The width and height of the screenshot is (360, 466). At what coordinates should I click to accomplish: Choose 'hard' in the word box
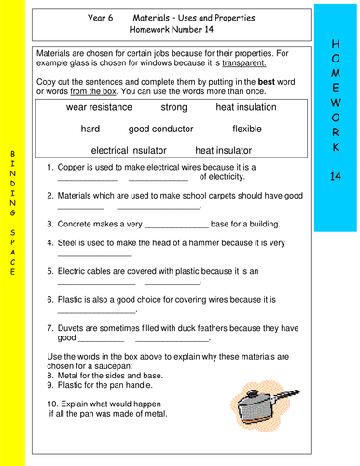pos(91,129)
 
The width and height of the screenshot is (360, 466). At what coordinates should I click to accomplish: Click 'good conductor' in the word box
pos(164,129)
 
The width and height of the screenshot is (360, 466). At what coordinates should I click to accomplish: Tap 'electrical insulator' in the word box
pos(129,149)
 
